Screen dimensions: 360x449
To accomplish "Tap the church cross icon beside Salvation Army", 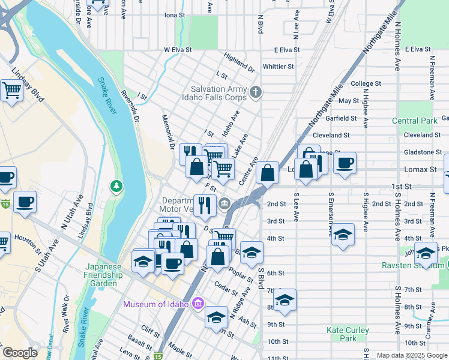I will click(x=256, y=92).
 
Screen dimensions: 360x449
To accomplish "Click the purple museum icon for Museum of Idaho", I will click(x=197, y=304).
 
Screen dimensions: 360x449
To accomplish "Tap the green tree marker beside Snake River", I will click(x=116, y=187).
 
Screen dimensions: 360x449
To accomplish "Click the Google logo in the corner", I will click(x=20, y=353).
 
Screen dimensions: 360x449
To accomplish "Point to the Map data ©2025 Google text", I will click(x=411, y=355).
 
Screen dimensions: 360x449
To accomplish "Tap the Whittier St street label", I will click(x=278, y=67).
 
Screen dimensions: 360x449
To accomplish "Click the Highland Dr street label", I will click(x=239, y=59).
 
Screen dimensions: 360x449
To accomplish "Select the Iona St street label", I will click(x=173, y=14).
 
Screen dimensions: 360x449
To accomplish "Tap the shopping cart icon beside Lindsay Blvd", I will click(x=11, y=91).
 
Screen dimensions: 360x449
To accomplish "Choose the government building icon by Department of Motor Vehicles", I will click(x=224, y=204).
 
